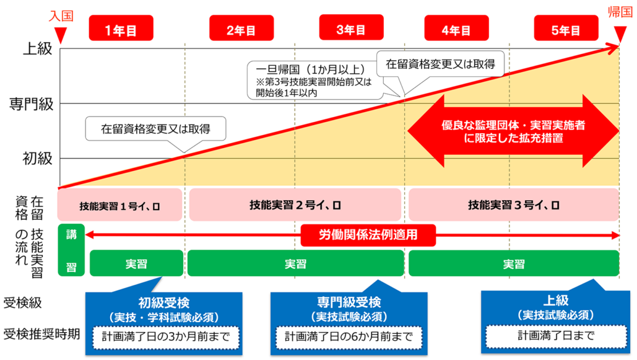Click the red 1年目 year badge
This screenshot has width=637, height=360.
pos(121,29)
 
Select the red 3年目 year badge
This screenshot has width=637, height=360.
pos(351,29)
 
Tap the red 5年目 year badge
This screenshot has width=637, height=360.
pos(565,29)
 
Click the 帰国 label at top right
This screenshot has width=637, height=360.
pos(620,12)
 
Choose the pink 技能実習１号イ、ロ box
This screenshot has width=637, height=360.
pos(120,205)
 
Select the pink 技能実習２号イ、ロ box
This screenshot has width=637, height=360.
pos(295,205)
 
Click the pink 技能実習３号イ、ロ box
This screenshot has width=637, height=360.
pos(513,205)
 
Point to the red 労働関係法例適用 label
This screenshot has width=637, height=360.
pos(368,235)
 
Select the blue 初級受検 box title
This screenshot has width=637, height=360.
pos(163,303)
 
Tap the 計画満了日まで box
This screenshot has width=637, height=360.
pos(555,336)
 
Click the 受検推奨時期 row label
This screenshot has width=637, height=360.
pos(41,335)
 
